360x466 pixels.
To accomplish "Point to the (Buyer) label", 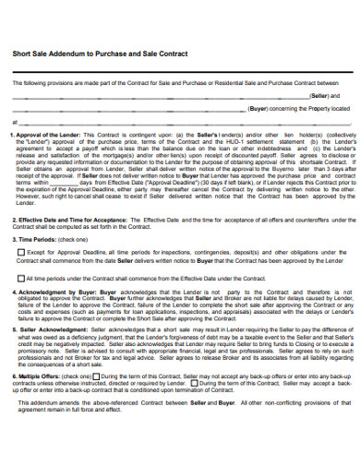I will click(x=260, y=108).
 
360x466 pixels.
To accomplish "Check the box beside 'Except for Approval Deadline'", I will click(x=20, y=251).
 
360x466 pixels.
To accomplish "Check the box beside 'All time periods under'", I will click(x=20, y=277).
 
